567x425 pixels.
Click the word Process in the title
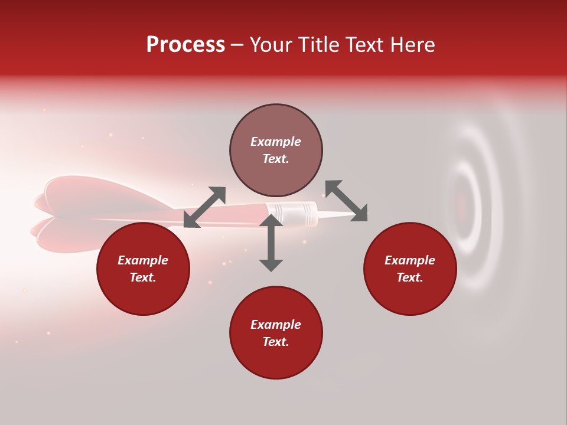click(x=185, y=45)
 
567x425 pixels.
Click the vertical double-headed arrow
click(x=271, y=243)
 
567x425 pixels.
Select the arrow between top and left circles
click(x=204, y=207)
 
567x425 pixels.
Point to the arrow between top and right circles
click(x=346, y=201)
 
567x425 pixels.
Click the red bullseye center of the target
click(x=462, y=207)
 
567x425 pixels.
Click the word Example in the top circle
click(x=276, y=142)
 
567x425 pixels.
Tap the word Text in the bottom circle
click(x=276, y=342)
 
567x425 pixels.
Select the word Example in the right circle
click(x=410, y=260)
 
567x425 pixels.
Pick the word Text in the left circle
click(x=143, y=277)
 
